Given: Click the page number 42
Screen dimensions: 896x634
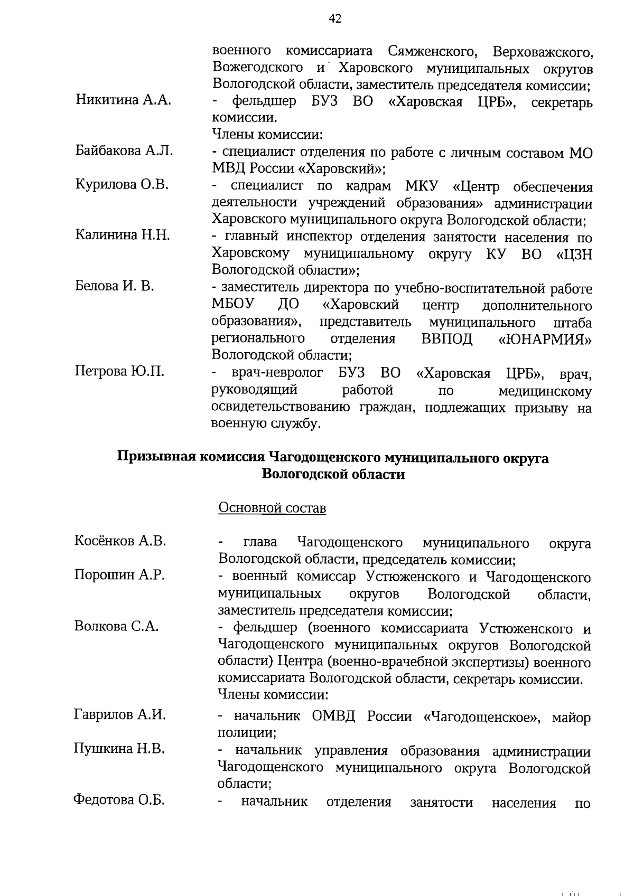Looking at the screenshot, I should click(334, 19).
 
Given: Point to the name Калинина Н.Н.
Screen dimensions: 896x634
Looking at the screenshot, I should click(123, 235).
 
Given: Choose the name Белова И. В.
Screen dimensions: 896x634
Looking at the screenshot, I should click(115, 286).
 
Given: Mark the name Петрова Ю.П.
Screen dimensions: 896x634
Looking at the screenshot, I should click(119, 371).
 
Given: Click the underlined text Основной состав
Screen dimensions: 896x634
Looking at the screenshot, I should click(272, 508).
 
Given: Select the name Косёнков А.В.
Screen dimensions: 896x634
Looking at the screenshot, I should click(120, 541).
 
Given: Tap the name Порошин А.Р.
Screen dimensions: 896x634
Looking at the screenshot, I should click(119, 575).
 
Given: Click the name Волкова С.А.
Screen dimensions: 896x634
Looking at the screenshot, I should click(116, 626).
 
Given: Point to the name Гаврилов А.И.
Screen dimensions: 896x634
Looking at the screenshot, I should click(120, 715).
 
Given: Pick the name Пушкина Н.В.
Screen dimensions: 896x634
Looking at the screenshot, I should click(119, 749).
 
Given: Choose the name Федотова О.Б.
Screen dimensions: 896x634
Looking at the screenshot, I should click(119, 800).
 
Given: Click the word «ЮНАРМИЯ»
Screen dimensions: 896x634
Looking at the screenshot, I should click(545, 339).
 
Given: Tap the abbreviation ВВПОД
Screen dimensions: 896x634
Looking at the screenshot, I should click(447, 338).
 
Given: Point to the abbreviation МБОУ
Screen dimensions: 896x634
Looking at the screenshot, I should click(233, 305).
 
